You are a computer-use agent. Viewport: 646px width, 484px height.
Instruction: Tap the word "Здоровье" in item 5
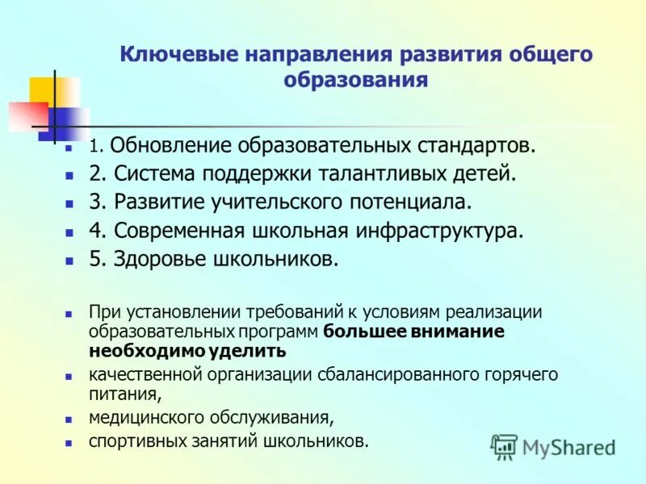tap(157, 260)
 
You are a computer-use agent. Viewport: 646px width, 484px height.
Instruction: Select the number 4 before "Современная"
tap(96, 231)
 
